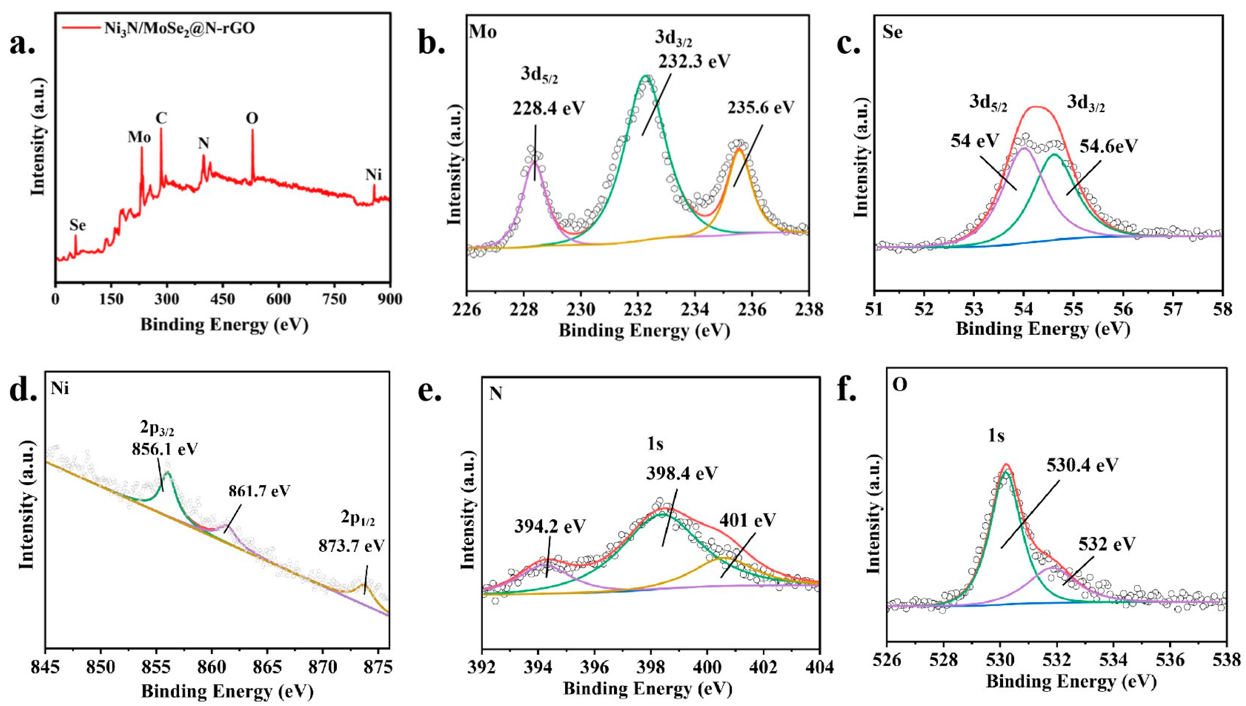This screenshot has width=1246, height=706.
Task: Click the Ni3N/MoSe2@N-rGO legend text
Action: coord(179,28)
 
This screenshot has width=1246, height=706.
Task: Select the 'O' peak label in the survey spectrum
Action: coord(252,118)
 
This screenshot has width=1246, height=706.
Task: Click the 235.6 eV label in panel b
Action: coord(761,107)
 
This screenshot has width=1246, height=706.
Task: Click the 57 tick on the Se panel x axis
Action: coord(1173,309)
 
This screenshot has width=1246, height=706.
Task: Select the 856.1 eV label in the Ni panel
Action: coord(165,449)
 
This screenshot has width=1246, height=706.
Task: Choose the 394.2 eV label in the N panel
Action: coord(550,526)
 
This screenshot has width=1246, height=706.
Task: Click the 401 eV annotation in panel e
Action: coord(748,520)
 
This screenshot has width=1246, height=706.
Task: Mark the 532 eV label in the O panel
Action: coord(1107,544)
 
